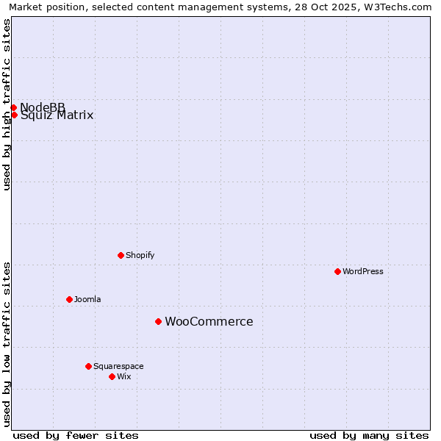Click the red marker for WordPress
tap(337, 271)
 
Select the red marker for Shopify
tap(121, 255)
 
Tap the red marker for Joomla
tap(69, 299)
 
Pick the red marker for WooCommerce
tap(158, 321)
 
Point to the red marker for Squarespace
tap(88, 366)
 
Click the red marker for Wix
tap(112, 376)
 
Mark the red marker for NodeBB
tap(13, 108)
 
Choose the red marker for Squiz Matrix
tap(14, 115)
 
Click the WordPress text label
tap(363, 271)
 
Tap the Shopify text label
tap(140, 255)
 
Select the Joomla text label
tap(87, 299)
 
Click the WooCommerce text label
tap(209, 321)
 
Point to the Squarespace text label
tap(118, 366)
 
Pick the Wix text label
tap(124, 376)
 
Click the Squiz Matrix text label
tap(57, 115)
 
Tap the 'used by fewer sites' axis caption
tap(76, 435)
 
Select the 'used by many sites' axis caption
tap(369, 435)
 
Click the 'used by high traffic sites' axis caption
tap(7, 104)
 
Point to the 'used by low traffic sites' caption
tap(7, 343)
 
